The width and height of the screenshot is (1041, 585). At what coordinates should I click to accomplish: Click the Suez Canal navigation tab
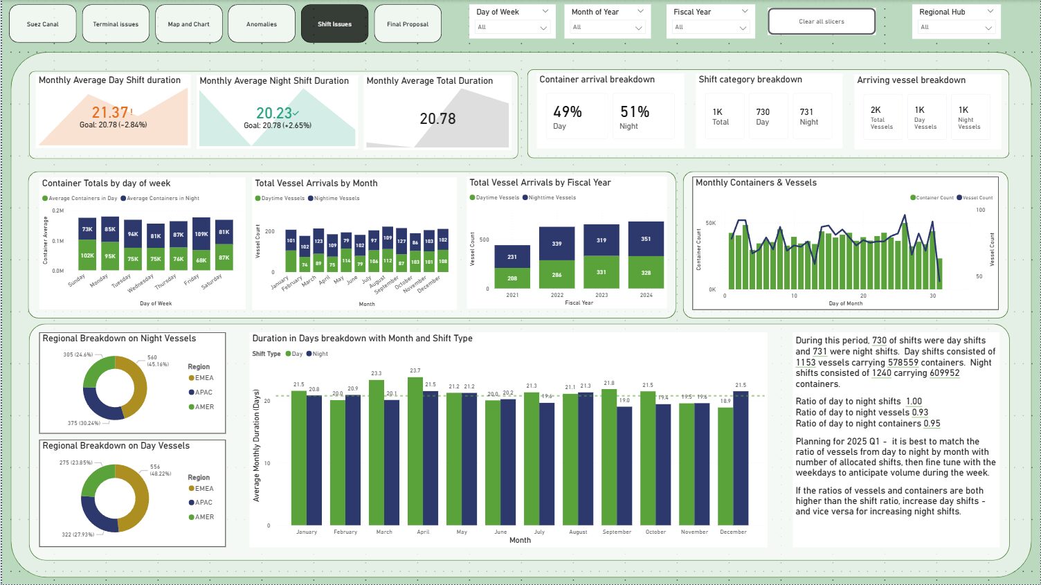42,24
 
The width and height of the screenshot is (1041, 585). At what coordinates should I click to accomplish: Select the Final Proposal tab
407,24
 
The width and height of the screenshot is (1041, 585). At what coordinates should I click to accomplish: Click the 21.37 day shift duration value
111,112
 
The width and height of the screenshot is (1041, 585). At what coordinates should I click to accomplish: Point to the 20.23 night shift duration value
275,113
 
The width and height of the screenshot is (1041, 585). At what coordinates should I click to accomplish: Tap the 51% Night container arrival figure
634,112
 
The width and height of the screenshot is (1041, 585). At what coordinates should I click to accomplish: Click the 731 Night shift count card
808,116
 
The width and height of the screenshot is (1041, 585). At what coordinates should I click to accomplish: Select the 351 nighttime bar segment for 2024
646,239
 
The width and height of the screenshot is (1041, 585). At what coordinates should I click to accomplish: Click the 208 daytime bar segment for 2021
512,278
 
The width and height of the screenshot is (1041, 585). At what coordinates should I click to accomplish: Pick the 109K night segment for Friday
201,234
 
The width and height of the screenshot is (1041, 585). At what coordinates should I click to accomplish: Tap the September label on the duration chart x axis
616,532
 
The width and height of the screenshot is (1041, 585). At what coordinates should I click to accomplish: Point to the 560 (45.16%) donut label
157,361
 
